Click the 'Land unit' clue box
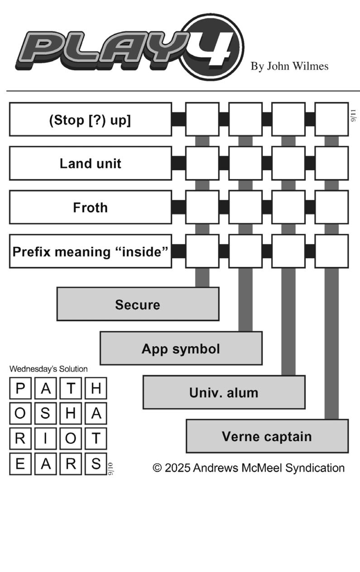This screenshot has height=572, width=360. click(91, 163)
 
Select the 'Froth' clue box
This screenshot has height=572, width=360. click(91, 207)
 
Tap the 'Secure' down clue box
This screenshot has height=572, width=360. click(138, 304)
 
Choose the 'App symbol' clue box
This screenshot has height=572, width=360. click(181, 348)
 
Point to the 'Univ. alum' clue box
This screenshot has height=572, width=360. click(224, 392)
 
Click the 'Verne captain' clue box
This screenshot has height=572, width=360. click(267, 436)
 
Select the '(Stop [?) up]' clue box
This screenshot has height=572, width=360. click(91, 119)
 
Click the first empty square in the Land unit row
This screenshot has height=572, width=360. click(202, 163)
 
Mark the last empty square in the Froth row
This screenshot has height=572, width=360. click(331, 207)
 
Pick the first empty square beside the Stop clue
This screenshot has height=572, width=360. click(202, 119)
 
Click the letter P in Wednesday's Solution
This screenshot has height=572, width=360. click(20, 388)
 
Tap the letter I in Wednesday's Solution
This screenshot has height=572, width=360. click(45, 439)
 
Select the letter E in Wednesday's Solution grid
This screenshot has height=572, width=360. click(20, 463)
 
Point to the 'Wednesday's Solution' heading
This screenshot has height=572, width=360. click(48, 369)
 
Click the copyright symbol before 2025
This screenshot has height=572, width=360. click(158, 468)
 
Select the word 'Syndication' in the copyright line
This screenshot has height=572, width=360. click(315, 468)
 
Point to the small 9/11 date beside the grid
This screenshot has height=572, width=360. click(353, 116)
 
